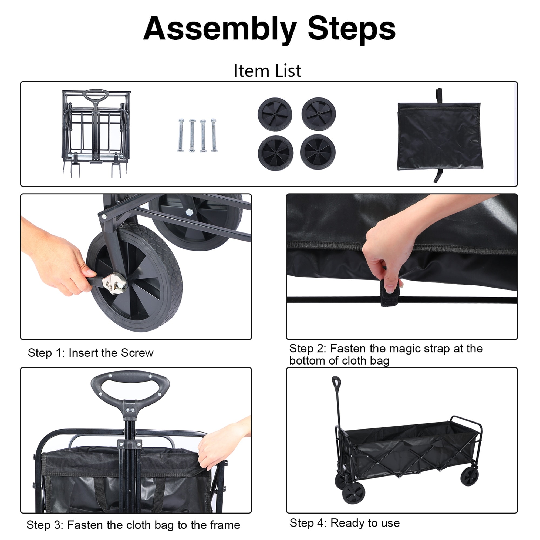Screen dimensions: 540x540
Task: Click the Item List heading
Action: [267, 71]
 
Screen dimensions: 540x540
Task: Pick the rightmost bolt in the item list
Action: [214, 135]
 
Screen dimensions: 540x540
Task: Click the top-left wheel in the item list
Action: [275, 114]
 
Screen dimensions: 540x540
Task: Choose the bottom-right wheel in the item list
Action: [318, 152]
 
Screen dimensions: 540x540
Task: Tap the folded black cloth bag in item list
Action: [439, 136]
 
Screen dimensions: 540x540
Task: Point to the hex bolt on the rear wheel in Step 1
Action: [189, 212]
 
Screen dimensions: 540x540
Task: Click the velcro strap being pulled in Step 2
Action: [390, 296]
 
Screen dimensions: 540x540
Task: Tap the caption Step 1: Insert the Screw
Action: [90, 353]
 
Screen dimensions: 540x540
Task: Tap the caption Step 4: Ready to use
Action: [344, 523]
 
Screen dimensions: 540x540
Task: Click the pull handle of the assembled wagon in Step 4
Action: [336, 382]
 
